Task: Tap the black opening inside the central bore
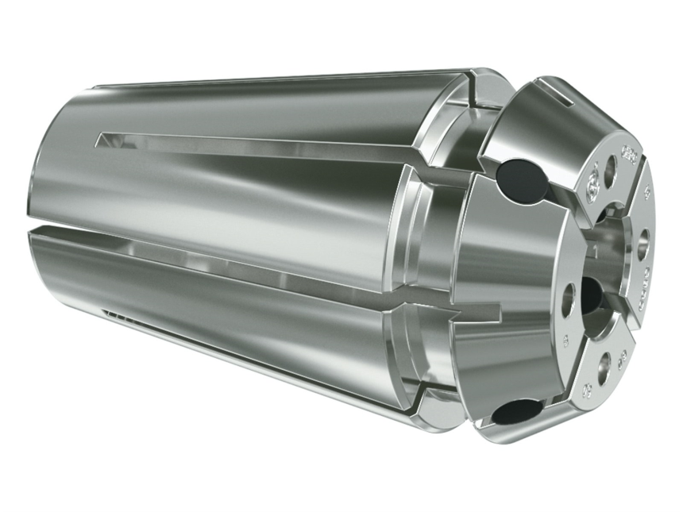tap(592, 290)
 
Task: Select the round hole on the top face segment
tap(610, 171)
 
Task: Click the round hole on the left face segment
tap(568, 300)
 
